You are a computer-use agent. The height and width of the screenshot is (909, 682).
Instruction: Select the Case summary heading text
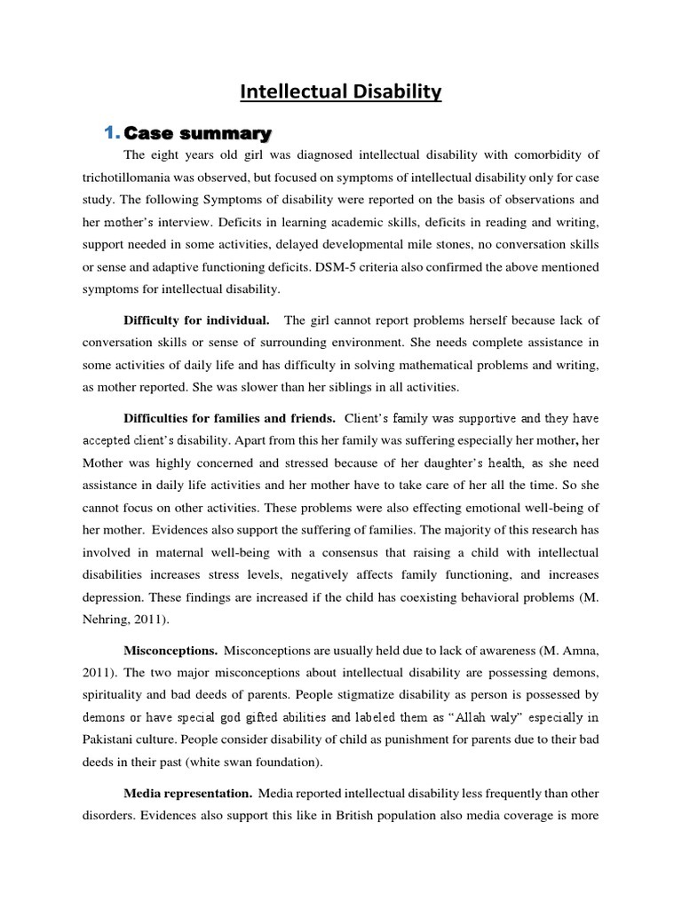197,134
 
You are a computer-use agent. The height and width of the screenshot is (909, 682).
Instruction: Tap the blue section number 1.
110,134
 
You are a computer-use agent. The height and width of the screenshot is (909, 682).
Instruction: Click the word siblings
338,388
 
